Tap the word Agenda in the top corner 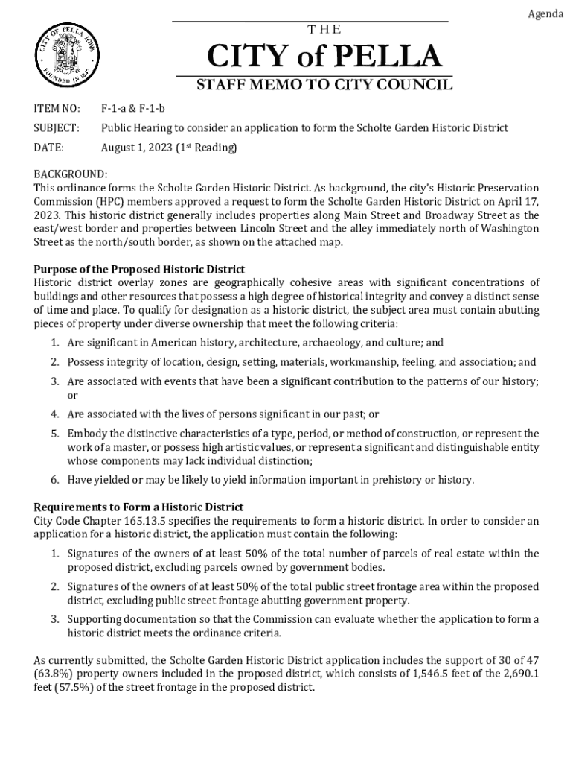pyautogui.click(x=545, y=14)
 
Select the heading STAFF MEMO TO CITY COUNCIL pyautogui.click(x=324, y=85)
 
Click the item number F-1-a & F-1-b pyautogui.click(x=133, y=109)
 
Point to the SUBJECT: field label pyautogui.click(x=57, y=128)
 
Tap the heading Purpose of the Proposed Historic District pyautogui.click(x=140, y=269)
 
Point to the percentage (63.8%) pyautogui.click(x=53, y=674)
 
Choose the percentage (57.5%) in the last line pyautogui.click(x=72, y=687)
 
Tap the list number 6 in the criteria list pyautogui.click(x=55, y=479)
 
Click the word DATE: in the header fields pyautogui.click(x=49, y=148)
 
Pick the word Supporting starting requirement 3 pyautogui.click(x=95, y=619)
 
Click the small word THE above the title pyautogui.click(x=323, y=30)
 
